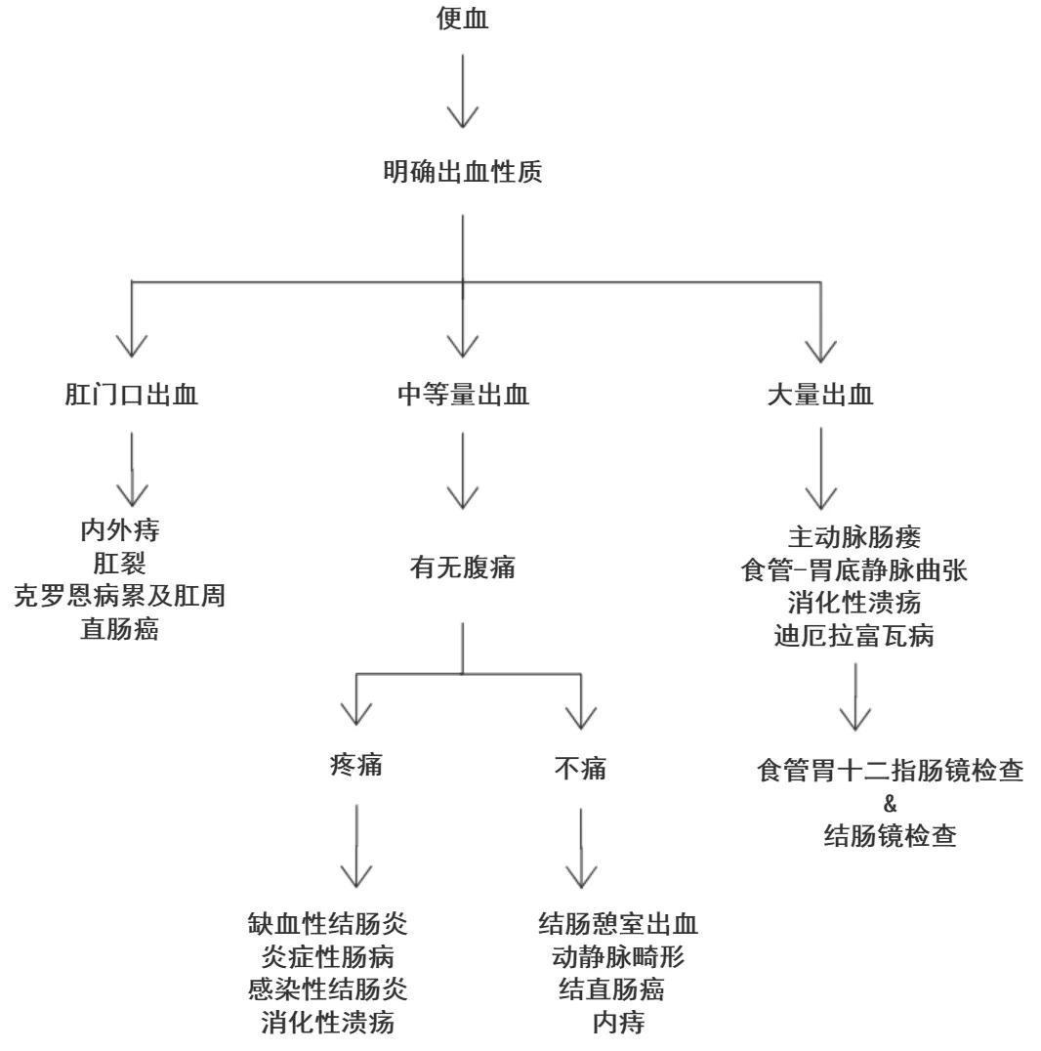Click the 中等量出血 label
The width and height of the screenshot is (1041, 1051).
click(x=462, y=396)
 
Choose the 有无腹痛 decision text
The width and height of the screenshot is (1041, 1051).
click(x=462, y=568)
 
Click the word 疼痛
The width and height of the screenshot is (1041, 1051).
click(x=355, y=768)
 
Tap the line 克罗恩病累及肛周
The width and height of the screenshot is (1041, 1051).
click(x=120, y=595)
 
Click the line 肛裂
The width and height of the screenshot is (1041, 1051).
click(x=120, y=564)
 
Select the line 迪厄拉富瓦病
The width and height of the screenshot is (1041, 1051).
click(x=854, y=637)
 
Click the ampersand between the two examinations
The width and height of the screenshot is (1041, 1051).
click(x=889, y=804)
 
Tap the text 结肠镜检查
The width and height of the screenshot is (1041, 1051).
click(x=889, y=836)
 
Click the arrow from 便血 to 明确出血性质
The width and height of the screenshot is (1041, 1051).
click(x=462, y=93)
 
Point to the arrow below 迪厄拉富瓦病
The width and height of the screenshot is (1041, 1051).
click(x=855, y=698)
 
